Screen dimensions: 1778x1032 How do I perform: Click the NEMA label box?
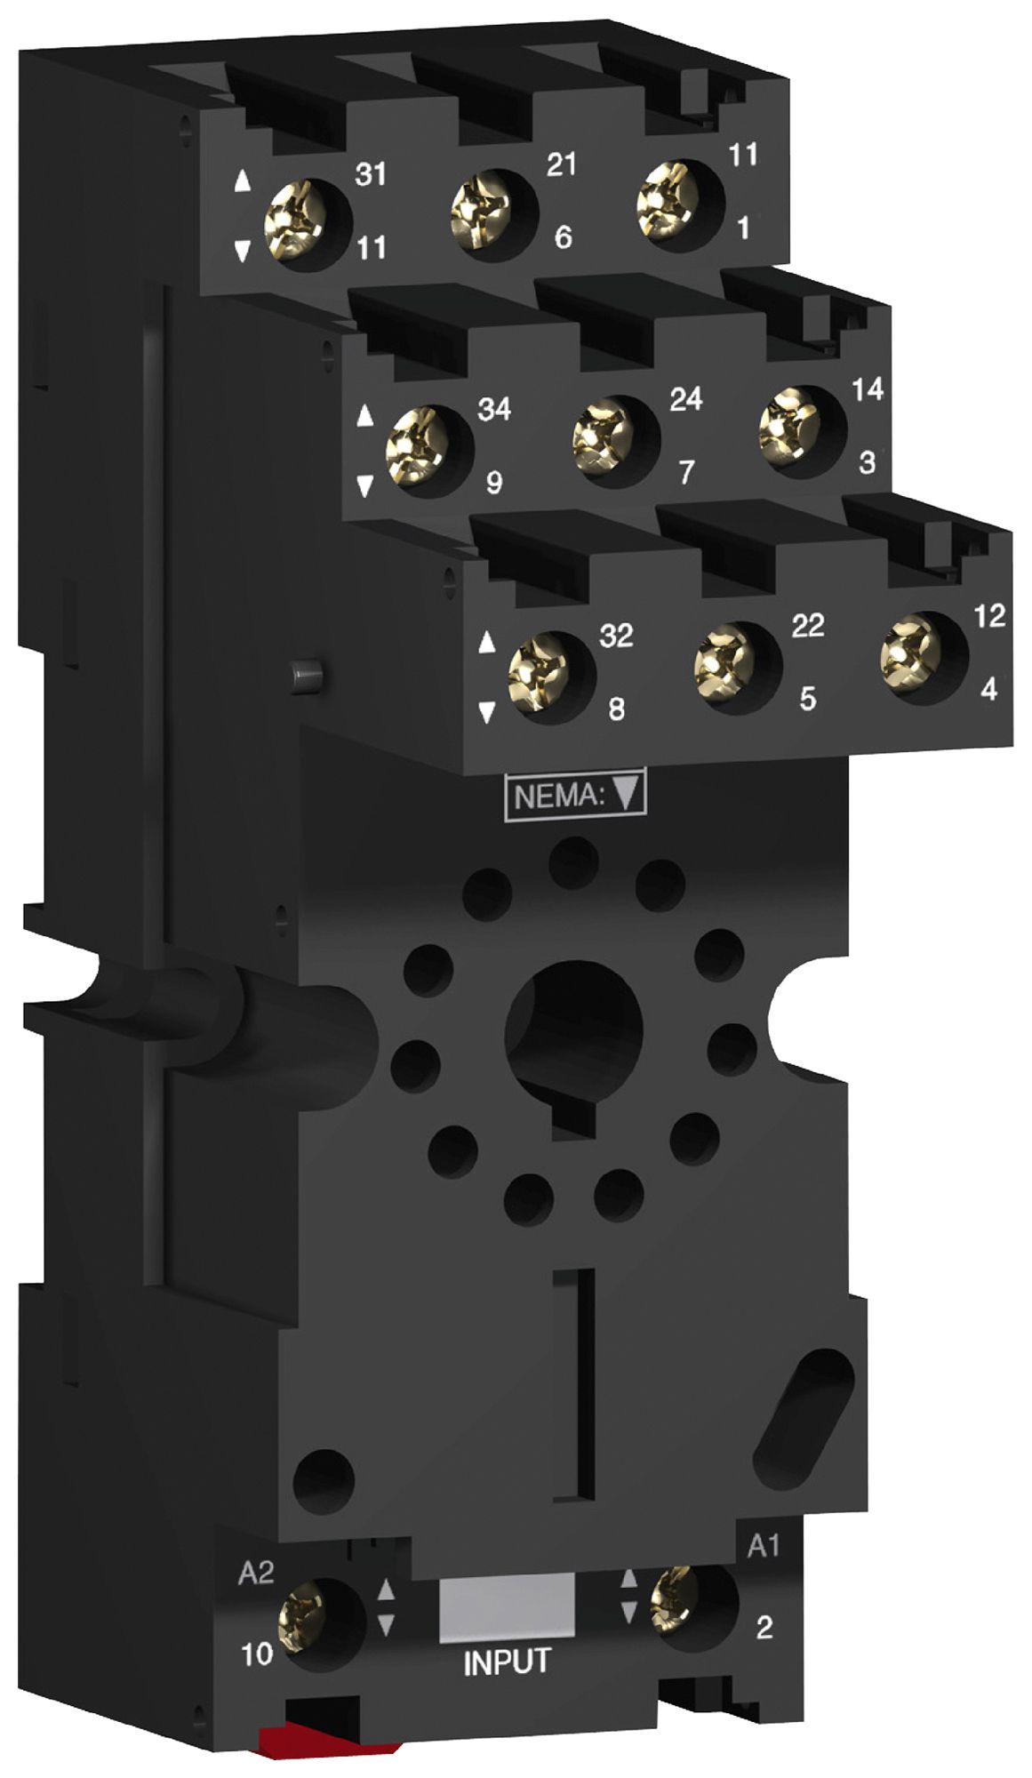point(575,795)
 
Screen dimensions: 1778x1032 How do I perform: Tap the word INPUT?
point(507,1662)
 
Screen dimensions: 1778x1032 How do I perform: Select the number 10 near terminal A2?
point(257,1654)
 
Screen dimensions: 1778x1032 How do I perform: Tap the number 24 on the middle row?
point(686,399)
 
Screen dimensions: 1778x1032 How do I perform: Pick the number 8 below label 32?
point(615,709)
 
